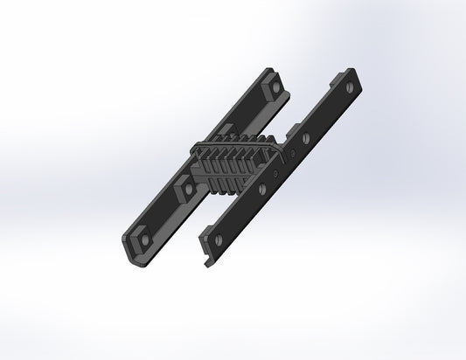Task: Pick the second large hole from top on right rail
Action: tap(305, 138)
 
